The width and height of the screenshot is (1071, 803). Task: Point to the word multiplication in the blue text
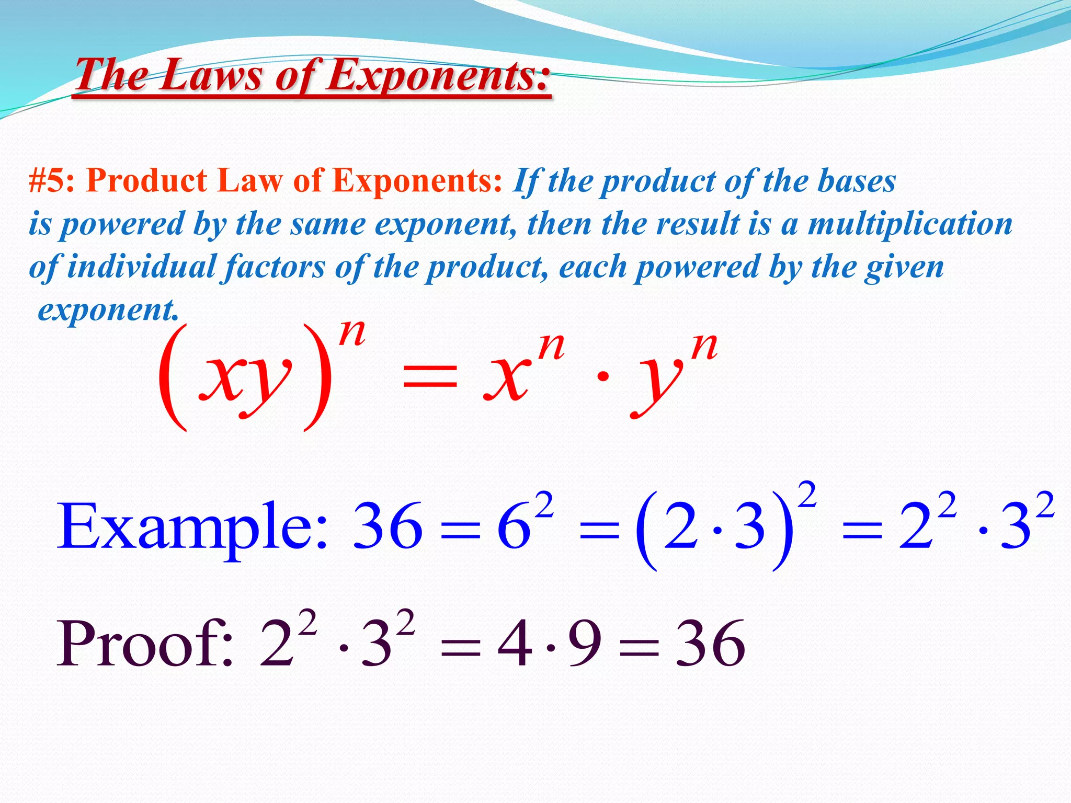click(x=910, y=224)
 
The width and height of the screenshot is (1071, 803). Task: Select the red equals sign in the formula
click(x=430, y=376)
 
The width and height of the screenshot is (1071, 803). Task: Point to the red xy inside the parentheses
click(x=245, y=377)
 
